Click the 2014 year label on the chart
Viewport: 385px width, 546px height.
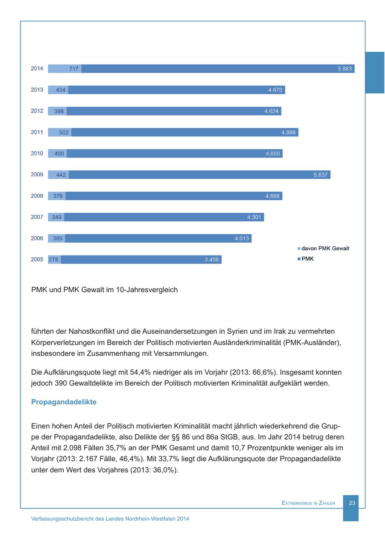tap(37, 68)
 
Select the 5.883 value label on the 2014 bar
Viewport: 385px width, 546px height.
tap(345, 68)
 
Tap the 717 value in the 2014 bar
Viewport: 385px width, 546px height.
tap(74, 68)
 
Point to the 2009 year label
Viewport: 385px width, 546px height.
tap(37, 175)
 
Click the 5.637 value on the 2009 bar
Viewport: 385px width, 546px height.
tap(320, 175)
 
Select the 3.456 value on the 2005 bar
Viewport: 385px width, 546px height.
tap(212, 260)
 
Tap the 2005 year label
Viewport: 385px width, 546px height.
tap(37, 260)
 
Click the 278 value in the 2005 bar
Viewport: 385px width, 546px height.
tap(53, 260)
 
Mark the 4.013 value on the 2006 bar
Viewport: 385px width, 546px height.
tap(242, 238)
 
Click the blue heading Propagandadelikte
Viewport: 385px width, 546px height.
tap(64, 402)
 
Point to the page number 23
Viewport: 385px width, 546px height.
tap(352, 503)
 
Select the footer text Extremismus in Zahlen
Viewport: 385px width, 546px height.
tap(308, 503)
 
